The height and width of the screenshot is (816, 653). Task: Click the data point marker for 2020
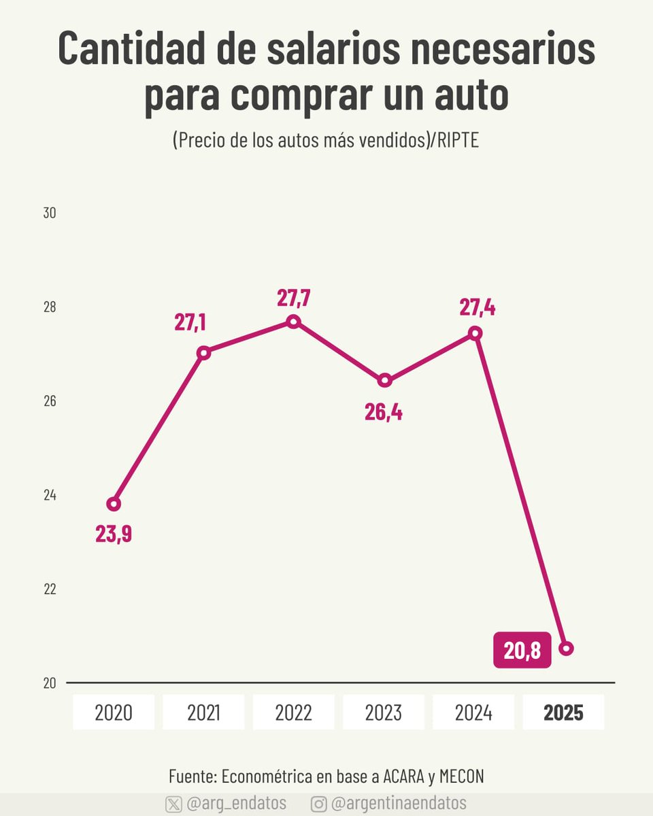[x=114, y=504]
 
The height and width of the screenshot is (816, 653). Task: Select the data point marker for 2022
[x=293, y=322]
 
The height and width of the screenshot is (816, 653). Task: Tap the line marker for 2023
[x=384, y=380]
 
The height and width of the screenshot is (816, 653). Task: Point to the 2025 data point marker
[x=566, y=648]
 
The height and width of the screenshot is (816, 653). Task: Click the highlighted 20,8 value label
[x=522, y=651]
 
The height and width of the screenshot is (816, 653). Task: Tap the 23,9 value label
[x=114, y=534]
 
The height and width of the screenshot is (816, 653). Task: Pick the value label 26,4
[x=383, y=412]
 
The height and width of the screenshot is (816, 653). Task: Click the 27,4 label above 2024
[x=477, y=307]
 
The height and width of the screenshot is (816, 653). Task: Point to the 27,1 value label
[x=190, y=322]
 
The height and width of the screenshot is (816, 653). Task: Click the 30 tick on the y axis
[x=50, y=213]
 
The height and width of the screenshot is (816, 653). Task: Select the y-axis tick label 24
[x=50, y=495]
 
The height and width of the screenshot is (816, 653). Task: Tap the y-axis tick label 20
[x=50, y=683]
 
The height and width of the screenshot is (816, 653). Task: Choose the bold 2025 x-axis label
[x=563, y=713]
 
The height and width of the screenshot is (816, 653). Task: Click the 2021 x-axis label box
[x=203, y=713]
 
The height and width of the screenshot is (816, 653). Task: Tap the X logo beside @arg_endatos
[x=173, y=803]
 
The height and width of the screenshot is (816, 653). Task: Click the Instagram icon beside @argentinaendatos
[x=318, y=803]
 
